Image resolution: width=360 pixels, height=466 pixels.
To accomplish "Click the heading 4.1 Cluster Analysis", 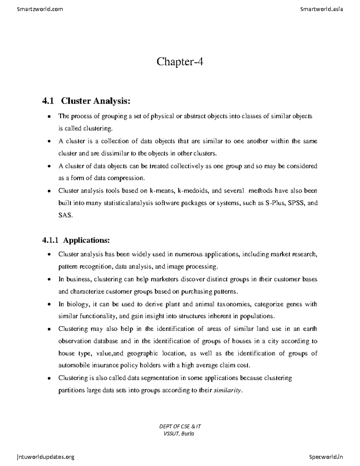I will (x=87, y=101).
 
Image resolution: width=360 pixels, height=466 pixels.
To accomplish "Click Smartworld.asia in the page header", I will (x=321, y=9).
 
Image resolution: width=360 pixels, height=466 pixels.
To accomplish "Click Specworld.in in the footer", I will (x=326, y=457).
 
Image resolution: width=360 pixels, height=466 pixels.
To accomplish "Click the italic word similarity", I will (x=227, y=390).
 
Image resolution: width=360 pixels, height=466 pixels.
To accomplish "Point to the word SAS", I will (x=65, y=215).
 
